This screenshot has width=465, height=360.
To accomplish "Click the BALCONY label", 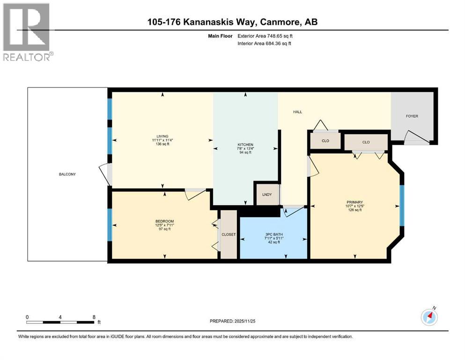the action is (67, 174).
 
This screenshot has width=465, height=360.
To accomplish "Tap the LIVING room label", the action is (162, 136).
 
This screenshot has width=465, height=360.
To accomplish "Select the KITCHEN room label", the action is (245, 144).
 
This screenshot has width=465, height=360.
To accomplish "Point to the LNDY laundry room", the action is (267, 195).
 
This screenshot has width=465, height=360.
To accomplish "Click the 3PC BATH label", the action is (274, 234).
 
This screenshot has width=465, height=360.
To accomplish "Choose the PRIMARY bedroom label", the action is (354, 202).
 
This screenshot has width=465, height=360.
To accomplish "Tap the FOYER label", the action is (412, 116).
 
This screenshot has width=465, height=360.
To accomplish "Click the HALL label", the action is (297, 112).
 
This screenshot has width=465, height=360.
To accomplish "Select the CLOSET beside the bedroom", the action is (229, 234).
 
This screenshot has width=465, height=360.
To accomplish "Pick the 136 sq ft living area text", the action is (162, 144).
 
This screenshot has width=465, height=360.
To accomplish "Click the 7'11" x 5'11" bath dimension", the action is (274, 238).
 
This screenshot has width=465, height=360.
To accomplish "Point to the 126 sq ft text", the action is (354, 210).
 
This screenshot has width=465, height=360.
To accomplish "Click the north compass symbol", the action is (429, 317).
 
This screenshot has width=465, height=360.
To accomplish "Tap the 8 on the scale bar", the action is (94, 317).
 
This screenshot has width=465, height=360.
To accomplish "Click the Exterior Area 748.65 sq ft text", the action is (265, 36).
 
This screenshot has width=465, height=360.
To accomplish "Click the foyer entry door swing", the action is (417, 137).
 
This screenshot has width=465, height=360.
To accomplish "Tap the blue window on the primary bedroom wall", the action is (402, 206).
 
